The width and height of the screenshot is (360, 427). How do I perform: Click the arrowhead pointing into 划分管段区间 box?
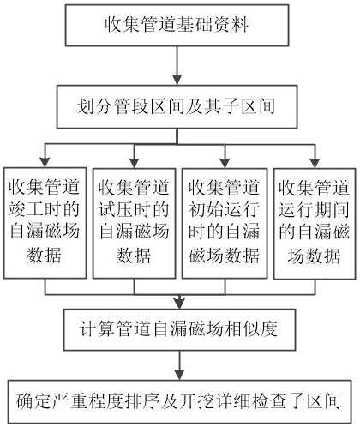(x=177, y=80)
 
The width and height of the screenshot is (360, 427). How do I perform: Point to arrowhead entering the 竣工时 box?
(x=45, y=162)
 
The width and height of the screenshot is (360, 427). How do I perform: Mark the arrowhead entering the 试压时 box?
(x=135, y=163)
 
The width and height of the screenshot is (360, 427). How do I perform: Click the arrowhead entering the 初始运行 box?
(x=225, y=163)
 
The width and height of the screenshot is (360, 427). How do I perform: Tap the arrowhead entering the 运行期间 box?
(x=315, y=163)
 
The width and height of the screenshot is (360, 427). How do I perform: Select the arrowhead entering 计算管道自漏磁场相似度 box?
(x=179, y=304)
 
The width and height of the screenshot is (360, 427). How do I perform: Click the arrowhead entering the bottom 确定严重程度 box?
(x=179, y=375)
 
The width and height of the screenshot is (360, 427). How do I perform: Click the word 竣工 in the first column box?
(x=26, y=209)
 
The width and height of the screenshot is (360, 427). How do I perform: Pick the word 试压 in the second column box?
(x=116, y=209)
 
